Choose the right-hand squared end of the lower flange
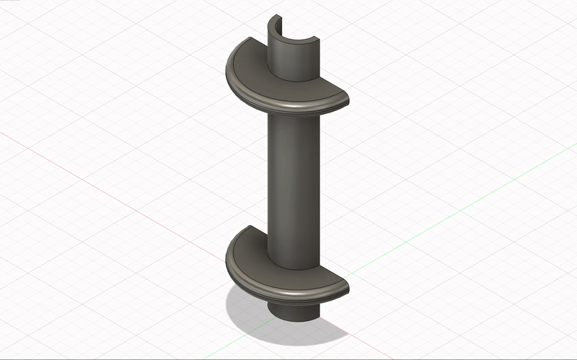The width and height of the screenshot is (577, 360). click(x=345, y=288)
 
